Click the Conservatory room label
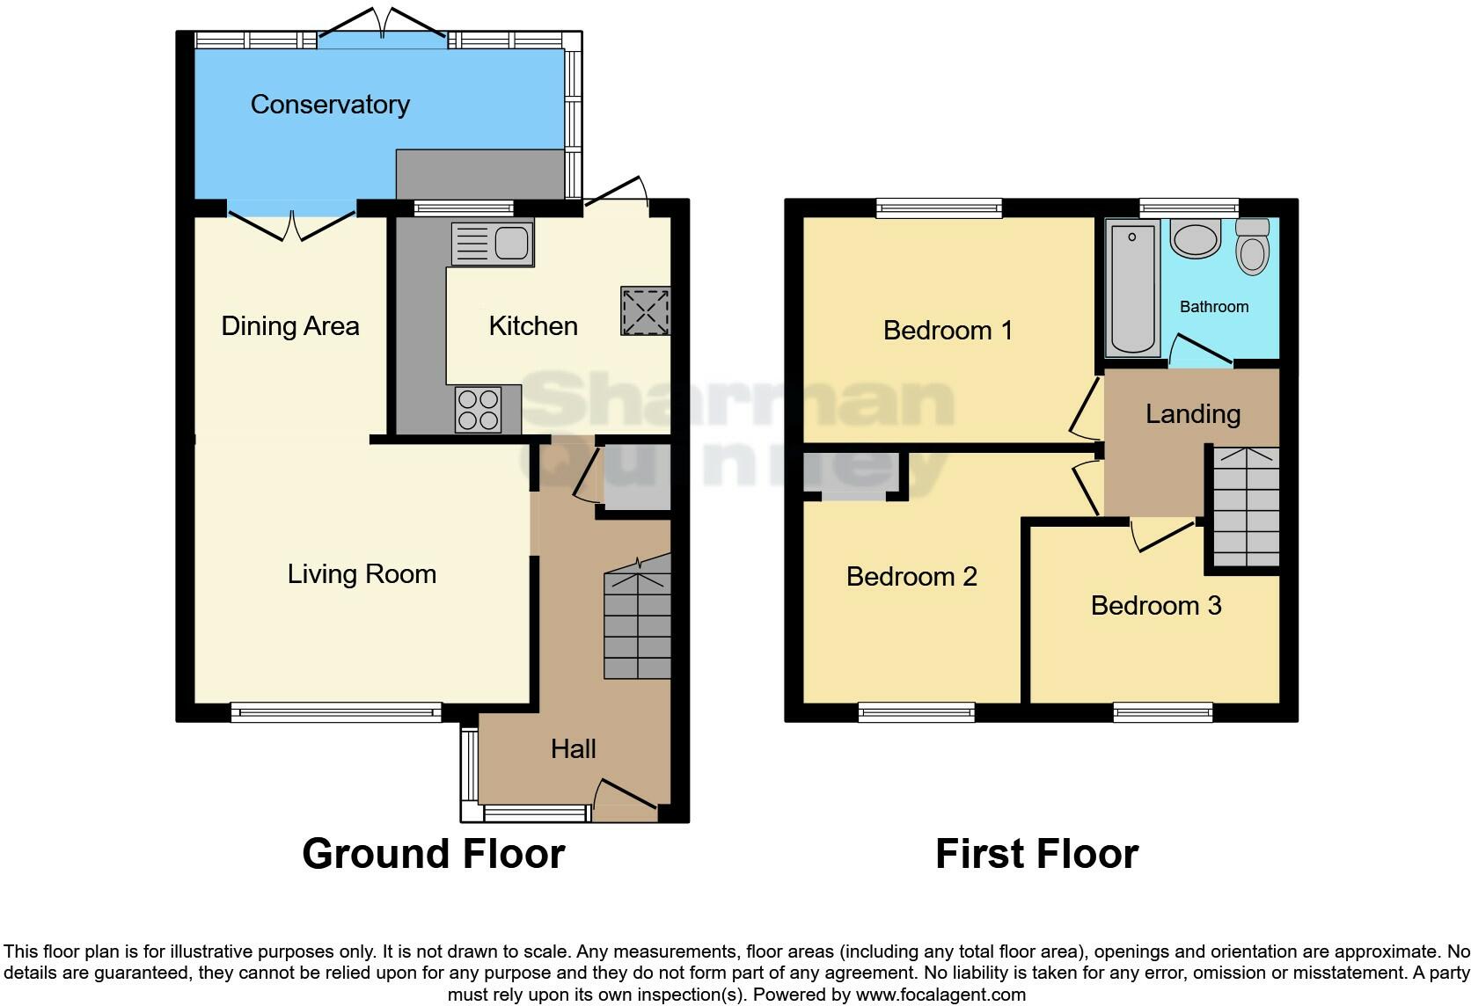coord(330,105)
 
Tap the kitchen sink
coord(493,243)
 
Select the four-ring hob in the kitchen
coord(478,410)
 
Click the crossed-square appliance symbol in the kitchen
coord(645,310)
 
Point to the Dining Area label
coord(289,326)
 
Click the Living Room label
coord(362,574)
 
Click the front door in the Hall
coord(626,794)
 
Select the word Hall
coord(573,749)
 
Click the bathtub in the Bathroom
coord(1131,288)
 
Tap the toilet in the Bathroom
coord(1252,246)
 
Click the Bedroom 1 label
coord(948,331)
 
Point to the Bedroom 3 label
coord(1155,606)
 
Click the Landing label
coord(1192,414)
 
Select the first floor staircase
coord(1246,507)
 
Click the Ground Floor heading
coord(433,854)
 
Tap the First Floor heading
coord(1036,854)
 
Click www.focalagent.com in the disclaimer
coord(940,995)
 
